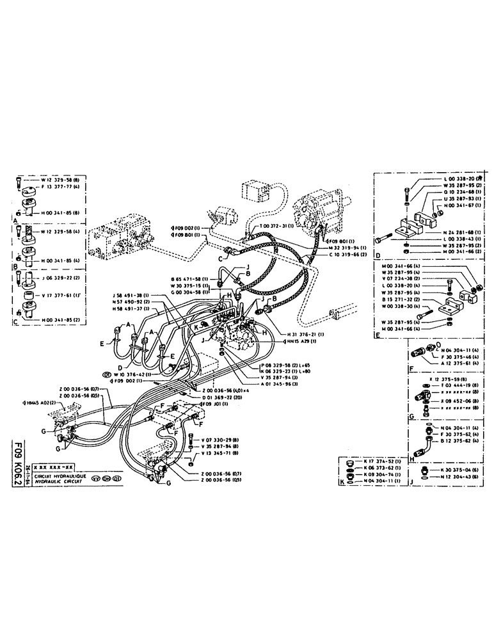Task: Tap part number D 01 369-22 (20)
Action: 224,397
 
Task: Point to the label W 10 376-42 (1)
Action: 130,373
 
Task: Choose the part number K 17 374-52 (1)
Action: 379,460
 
